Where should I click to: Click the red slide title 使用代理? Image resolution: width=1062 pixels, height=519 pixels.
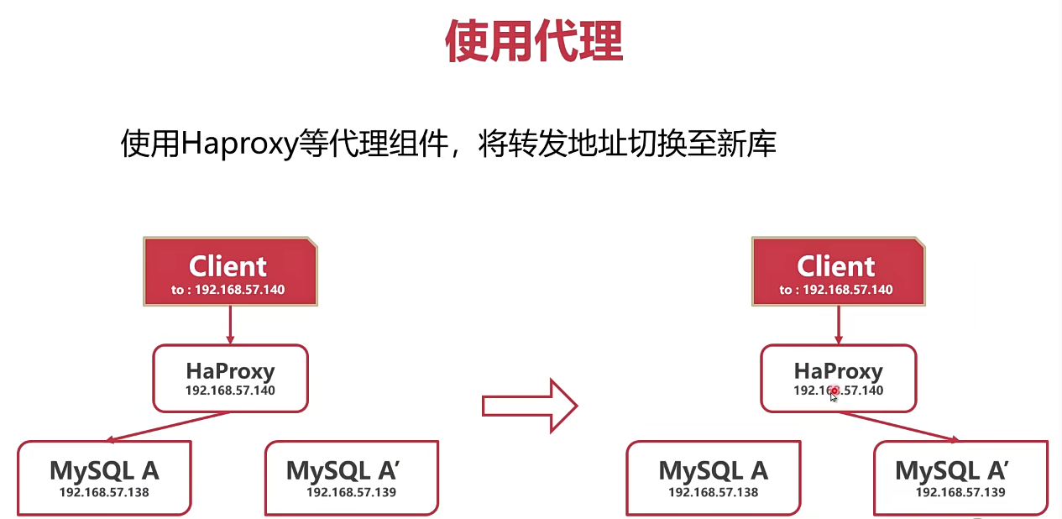(534, 42)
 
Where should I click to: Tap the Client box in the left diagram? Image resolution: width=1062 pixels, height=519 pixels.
(230, 270)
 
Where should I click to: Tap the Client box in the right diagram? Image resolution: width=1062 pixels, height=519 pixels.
(838, 270)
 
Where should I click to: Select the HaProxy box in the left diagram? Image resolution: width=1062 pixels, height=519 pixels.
(230, 378)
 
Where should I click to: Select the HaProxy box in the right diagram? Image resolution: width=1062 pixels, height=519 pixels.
(838, 378)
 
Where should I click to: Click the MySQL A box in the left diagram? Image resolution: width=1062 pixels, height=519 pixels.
(103, 477)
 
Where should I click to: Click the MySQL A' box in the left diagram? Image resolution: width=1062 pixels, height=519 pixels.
(351, 477)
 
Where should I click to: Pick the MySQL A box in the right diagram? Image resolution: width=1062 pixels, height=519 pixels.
(713, 477)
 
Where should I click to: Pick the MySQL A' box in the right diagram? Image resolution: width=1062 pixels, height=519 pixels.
(960, 477)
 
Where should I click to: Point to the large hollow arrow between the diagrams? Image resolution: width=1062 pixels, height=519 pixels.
(530, 406)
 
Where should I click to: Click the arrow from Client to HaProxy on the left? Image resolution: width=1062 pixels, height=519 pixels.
(230, 325)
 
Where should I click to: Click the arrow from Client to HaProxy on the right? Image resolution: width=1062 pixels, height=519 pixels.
(838, 325)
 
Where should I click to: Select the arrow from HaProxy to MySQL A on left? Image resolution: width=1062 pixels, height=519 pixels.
(168, 426)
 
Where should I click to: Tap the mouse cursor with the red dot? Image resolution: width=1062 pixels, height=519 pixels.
(834, 393)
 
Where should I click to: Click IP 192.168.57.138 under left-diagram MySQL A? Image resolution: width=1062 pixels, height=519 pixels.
(103, 492)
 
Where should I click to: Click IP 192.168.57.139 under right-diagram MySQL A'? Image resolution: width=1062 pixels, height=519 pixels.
(960, 492)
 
